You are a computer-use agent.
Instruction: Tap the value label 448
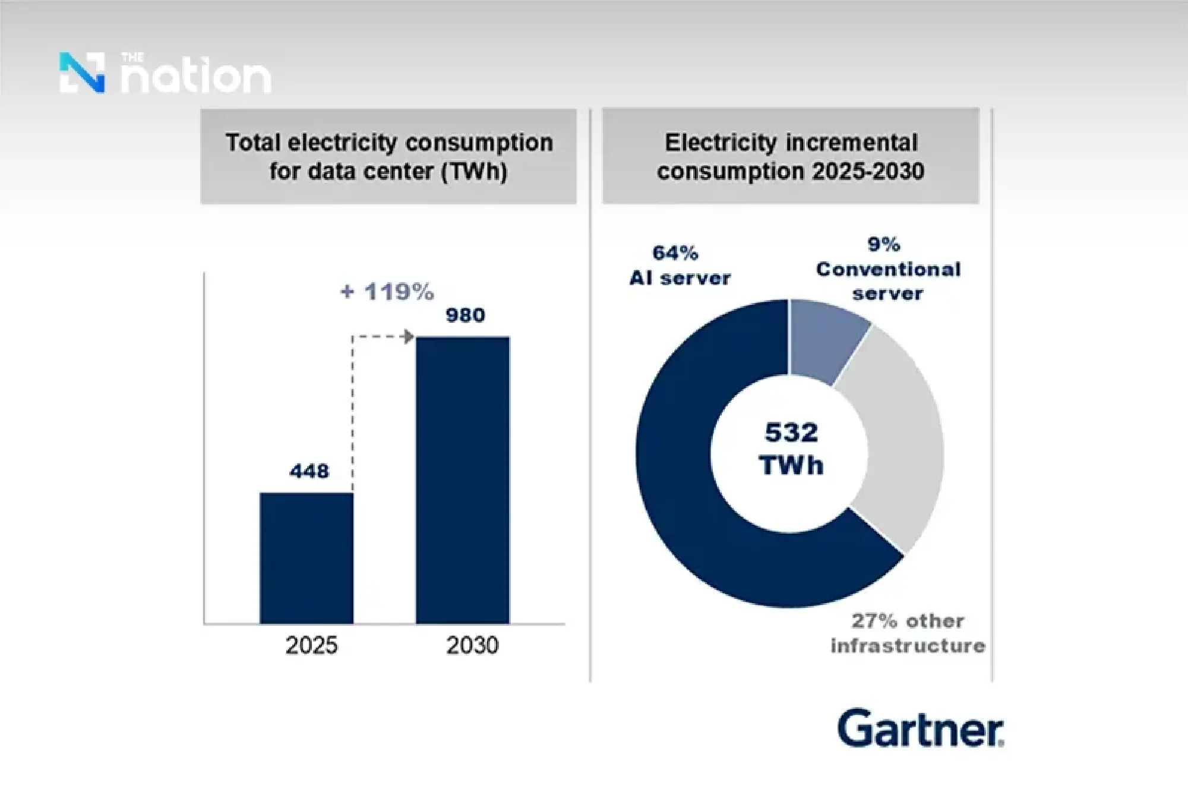[x=309, y=471]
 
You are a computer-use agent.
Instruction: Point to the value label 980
[x=466, y=315]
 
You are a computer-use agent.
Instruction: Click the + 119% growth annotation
[x=387, y=292]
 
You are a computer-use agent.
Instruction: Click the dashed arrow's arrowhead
[x=408, y=337]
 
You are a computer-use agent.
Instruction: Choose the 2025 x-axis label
[x=311, y=645]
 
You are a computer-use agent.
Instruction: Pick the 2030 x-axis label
[x=472, y=645]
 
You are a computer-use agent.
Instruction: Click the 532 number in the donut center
[x=791, y=433]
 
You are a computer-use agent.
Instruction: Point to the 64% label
[x=675, y=253]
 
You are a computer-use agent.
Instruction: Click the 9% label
[x=884, y=244]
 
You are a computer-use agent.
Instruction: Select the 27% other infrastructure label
[x=908, y=633]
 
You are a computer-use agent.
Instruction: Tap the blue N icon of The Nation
[x=83, y=72]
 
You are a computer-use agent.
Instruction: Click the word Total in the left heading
[x=252, y=143]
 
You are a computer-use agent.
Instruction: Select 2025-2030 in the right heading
[x=868, y=172]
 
